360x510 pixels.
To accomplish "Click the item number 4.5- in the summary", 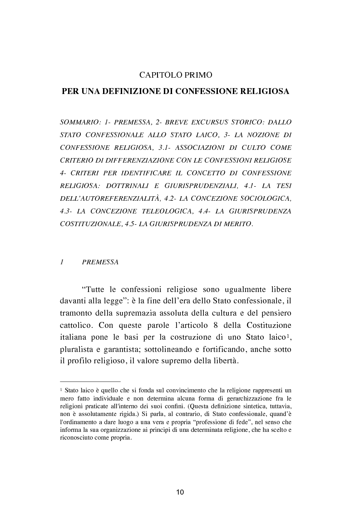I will [x=133, y=224].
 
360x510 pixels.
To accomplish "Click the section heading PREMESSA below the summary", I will [x=100, y=262].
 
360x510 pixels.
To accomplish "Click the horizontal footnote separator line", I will [x=90, y=382].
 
